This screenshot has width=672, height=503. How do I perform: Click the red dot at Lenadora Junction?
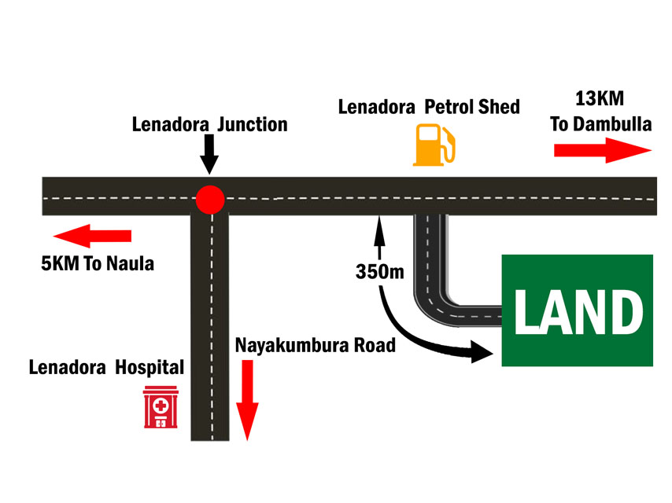(210, 199)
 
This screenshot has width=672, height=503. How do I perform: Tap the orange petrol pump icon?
(434, 144)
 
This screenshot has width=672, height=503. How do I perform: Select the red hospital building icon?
(161, 407)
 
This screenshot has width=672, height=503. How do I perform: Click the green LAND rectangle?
(577, 310)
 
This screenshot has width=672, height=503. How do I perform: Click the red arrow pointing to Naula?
(92, 235)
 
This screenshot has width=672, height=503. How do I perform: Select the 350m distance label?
(379, 273)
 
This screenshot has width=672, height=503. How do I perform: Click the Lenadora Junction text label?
(209, 124)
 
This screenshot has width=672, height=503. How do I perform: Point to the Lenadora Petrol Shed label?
(429, 106)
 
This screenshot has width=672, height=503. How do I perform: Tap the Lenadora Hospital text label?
(106, 367)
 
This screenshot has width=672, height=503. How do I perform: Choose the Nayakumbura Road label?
(315, 344)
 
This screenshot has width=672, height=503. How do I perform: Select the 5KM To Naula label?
(98, 263)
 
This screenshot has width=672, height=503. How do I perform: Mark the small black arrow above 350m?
(379, 237)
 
